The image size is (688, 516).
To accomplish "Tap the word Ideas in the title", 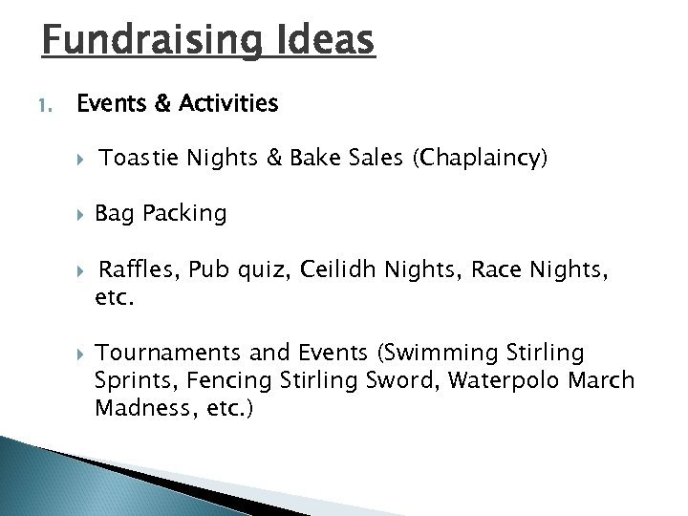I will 324,40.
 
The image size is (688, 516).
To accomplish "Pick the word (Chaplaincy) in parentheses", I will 480,159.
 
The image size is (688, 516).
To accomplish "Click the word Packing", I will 184,214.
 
